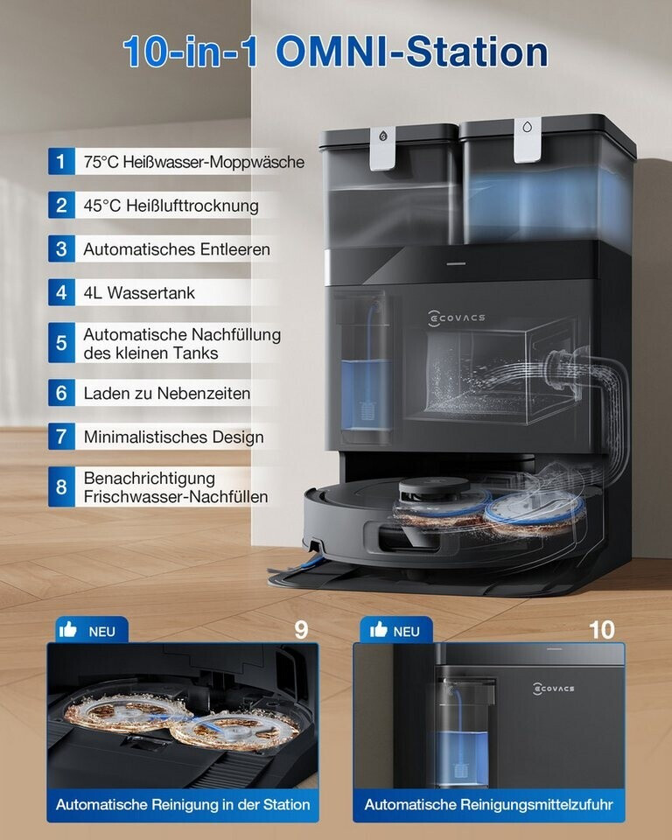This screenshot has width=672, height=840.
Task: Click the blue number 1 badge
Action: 61,161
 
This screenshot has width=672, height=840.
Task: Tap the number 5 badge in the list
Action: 61,343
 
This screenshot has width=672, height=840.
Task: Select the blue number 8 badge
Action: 61,487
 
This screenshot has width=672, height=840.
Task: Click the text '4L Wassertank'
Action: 139,292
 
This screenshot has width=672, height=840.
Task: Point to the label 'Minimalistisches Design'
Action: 173,437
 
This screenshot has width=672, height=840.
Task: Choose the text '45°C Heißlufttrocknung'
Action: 171,205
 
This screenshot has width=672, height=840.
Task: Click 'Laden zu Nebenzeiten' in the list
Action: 166,393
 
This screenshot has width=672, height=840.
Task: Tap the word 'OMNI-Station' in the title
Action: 411,52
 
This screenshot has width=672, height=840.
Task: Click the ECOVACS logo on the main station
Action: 457,318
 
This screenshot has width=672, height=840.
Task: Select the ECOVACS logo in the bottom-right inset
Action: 554,689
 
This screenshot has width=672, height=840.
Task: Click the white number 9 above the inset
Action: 301,630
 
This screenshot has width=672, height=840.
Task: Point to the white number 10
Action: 601,630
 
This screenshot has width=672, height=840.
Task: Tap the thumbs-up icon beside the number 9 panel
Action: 68,629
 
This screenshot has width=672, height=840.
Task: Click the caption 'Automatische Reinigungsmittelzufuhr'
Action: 488,804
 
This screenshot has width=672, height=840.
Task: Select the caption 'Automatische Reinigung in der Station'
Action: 183,804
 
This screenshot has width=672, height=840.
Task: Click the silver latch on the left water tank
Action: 382,149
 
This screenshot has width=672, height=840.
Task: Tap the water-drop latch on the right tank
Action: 528,140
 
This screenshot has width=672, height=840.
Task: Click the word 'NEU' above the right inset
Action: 406,632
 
